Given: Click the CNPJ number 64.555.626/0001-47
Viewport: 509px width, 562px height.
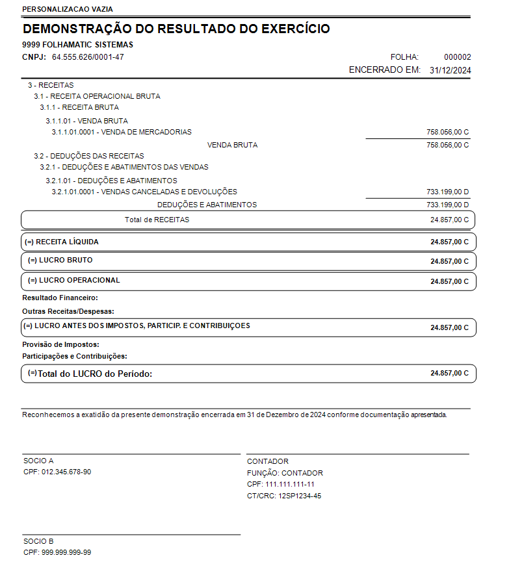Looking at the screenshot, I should [88, 57].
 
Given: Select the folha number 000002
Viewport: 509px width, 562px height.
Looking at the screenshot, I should [458, 57].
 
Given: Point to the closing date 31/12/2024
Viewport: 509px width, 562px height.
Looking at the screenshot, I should [450, 70].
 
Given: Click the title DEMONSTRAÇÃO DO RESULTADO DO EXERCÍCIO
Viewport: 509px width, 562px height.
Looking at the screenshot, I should [176, 29].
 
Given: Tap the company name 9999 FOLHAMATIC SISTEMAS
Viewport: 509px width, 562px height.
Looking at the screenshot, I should [77, 45].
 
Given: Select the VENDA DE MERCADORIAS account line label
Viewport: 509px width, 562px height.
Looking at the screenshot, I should [122, 132].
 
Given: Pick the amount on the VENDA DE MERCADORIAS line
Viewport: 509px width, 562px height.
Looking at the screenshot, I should [447, 132].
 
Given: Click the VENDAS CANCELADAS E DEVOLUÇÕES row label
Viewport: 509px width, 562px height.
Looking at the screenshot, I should [144, 192].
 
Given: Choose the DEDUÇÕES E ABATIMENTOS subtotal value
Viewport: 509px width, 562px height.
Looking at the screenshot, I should [447, 205].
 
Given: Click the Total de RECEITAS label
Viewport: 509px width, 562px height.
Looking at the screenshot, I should [157, 220].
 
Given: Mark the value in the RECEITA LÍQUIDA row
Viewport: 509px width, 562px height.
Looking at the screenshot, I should [449, 242].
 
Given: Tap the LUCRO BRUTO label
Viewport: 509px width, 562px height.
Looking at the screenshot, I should [60, 260].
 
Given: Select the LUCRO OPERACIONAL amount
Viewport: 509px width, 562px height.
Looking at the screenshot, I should [449, 281].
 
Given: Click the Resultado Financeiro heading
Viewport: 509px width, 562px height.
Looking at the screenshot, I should [60, 298].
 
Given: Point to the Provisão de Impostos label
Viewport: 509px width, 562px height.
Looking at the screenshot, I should [60, 344].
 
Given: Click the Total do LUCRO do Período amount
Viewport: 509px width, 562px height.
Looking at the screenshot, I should [449, 374].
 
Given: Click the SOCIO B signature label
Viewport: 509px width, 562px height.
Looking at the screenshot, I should [38, 541].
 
